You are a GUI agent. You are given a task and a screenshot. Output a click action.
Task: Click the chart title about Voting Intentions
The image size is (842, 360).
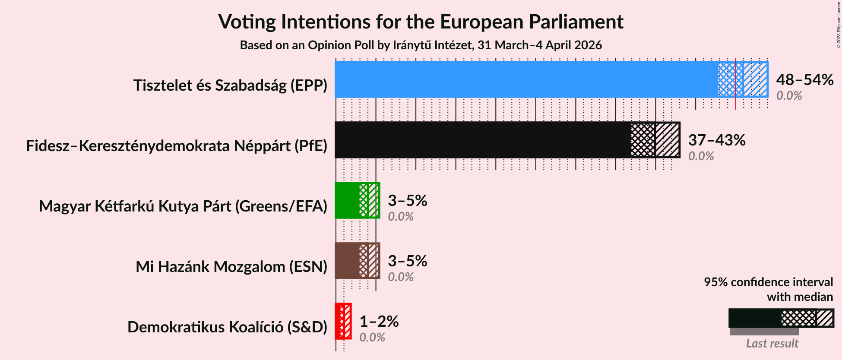[421, 22]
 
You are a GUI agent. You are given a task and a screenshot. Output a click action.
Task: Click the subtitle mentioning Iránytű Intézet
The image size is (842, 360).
[421, 45]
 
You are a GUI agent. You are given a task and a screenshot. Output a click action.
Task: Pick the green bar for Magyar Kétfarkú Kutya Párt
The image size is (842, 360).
[347, 200]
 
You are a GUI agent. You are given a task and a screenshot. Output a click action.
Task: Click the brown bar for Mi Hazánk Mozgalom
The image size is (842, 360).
[347, 261]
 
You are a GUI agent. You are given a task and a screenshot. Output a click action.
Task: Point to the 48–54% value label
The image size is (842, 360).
[804, 79]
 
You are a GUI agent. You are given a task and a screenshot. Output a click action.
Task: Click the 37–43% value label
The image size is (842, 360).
[717, 140]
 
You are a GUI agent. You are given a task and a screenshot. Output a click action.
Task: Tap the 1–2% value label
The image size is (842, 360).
[379, 321]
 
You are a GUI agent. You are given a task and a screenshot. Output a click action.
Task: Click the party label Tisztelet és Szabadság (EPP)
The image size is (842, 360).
[230, 85]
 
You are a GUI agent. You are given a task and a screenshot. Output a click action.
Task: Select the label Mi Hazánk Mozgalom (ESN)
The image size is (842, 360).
[231, 267]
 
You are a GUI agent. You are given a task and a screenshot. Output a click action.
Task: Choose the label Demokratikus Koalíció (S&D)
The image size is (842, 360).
[227, 327]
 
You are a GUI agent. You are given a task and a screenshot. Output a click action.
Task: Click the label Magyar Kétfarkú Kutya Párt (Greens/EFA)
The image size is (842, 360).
[183, 206]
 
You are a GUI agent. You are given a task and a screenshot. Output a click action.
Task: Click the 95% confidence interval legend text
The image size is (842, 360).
[768, 289]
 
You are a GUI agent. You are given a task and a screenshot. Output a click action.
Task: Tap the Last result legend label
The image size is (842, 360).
[772, 344]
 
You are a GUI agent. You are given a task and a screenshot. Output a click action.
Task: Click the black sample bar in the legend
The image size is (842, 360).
[755, 318]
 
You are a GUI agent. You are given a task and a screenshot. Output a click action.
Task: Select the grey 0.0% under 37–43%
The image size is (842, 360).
[701, 156]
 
